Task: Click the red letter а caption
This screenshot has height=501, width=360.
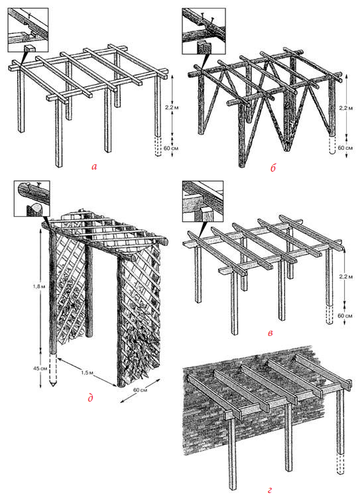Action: pyautogui.click(x=93, y=166)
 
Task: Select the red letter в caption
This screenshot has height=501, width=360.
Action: pyautogui.click(x=270, y=333)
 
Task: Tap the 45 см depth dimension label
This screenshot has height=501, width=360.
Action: pyautogui.click(x=40, y=368)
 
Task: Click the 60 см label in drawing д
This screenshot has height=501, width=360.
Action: pyautogui.click(x=139, y=390)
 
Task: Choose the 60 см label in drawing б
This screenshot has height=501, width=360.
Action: pyautogui.click(x=345, y=148)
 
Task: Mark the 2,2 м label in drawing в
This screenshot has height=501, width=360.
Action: pyautogui.click(x=345, y=277)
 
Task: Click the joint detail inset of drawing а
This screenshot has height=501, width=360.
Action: pyautogui.click(x=28, y=30)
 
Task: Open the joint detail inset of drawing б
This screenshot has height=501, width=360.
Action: pyautogui.click(x=204, y=31)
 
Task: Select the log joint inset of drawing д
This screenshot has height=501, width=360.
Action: pyautogui.click(x=32, y=198)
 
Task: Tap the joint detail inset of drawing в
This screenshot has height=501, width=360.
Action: pyautogui.click(x=203, y=201)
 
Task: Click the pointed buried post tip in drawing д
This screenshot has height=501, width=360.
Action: pyautogui.click(x=53, y=384)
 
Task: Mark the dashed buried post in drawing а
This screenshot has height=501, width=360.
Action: pyautogui.click(x=158, y=146)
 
